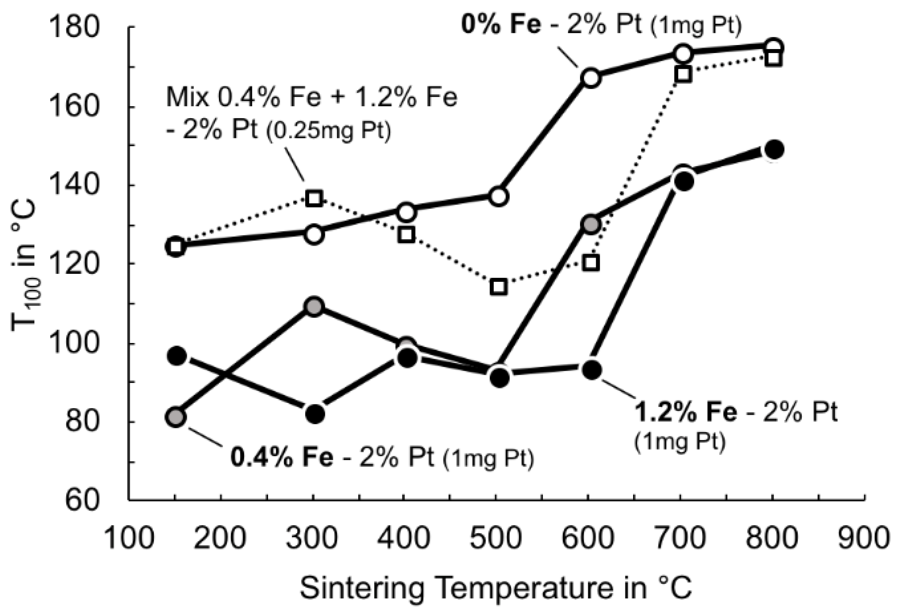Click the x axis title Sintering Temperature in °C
[496, 588]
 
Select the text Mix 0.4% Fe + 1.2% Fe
[312, 98]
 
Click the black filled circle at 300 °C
[314, 413]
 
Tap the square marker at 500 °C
[499, 287]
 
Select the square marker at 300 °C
[314, 199]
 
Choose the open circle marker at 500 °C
[499, 196]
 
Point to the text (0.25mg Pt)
[328, 132]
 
